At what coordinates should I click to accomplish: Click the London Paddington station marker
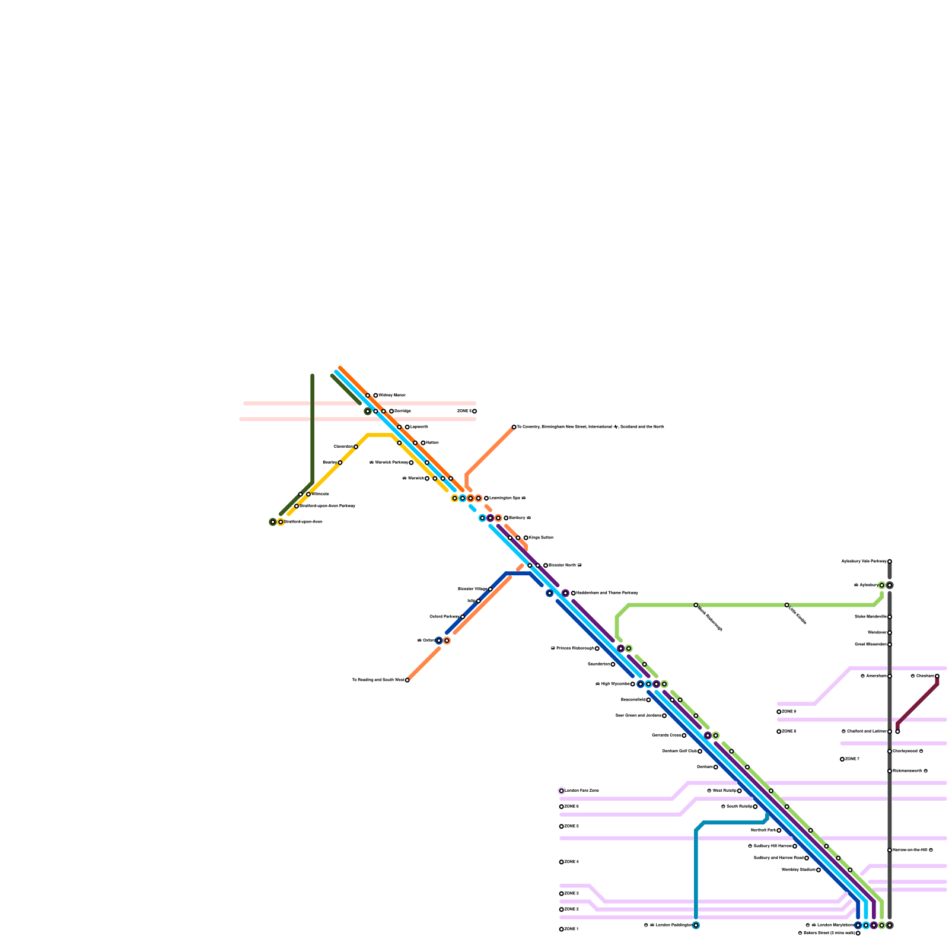coord(696,925)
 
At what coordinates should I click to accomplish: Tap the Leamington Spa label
coord(507,498)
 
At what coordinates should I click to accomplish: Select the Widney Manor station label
coord(392,395)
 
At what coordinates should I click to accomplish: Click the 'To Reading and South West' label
coord(378,680)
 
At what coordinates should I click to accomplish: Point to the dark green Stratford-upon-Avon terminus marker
coord(273,522)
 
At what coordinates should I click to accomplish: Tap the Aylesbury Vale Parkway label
coord(864,561)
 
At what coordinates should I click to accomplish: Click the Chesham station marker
coord(937,676)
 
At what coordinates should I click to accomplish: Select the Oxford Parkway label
coord(444,617)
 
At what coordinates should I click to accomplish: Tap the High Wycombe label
coord(614,684)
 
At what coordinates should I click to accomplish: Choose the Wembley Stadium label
coord(798,870)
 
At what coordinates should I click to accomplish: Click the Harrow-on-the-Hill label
coord(909,850)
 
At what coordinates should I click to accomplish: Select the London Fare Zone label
coord(582,791)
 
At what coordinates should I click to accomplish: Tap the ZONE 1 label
coord(572,929)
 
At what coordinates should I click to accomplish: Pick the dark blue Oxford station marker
coord(439,641)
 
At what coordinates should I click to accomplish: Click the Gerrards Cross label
coord(666,735)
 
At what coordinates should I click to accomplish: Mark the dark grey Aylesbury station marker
coord(890,585)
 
